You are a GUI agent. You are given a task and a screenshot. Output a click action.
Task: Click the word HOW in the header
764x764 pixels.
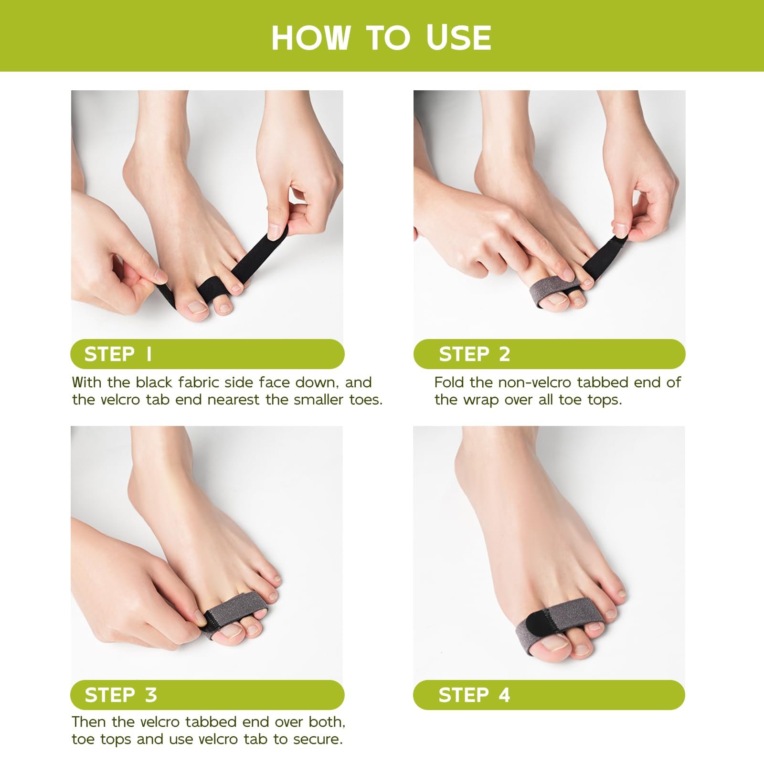pos(311,38)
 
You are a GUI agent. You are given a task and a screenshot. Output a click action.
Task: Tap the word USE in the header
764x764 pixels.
pos(458,38)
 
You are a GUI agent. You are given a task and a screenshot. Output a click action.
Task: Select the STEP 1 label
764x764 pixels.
pos(118,354)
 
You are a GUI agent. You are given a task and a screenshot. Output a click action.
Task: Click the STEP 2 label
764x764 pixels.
pos(475,354)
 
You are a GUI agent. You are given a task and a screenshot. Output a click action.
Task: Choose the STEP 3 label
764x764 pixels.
pos(121,695)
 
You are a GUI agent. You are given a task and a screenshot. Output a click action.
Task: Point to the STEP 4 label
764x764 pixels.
pos(474,695)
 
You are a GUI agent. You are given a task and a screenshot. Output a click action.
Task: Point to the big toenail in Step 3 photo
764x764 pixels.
pos(232,633)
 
